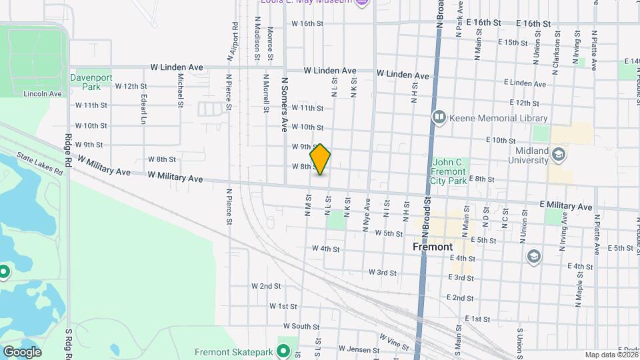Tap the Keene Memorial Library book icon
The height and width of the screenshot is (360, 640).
tap(439, 118)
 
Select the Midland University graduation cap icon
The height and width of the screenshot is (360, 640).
tap(559, 155)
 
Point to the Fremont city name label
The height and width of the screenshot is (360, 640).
tap(433, 247)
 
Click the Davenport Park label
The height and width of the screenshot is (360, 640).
tap(86, 82)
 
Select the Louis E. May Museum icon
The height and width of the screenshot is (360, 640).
tap(363, 3)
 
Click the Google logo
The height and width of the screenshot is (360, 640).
tap(22, 352)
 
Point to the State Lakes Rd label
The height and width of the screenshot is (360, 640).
tap(39, 165)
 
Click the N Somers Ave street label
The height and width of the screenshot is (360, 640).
tap(284, 103)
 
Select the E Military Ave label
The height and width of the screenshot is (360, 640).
tap(565, 207)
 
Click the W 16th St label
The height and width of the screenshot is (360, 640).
tap(307, 23)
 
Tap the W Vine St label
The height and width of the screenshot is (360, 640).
tap(393, 343)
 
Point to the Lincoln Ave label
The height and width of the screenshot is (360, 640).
tap(43, 94)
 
